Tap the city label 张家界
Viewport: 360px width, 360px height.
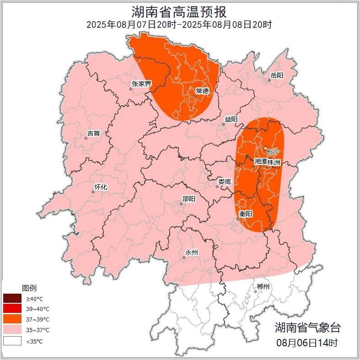tap(141, 84)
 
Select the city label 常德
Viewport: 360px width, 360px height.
tap(202, 91)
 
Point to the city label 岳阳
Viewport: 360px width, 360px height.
tap(277, 75)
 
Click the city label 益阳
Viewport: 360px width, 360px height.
tap(231, 119)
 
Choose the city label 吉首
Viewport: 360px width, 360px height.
tap(93, 134)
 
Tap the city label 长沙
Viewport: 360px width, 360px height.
tap(272, 152)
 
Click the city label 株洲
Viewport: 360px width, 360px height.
tap(274, 162)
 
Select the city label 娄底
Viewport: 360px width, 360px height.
tap(225, 182)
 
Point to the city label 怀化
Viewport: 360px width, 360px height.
tap(100, 187)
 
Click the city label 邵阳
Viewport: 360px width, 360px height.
tap(188, 199)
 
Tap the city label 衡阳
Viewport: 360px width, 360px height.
tap(246, 214)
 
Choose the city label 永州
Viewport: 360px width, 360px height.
tap(191, 253)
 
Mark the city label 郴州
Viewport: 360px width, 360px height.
tap(263, 287)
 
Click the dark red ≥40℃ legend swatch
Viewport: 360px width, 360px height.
tap(12, 299)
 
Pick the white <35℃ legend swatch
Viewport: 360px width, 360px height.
tap(12, 341)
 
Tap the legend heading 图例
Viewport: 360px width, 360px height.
tap(29, 288)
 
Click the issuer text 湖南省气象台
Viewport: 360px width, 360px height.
tap(307, 328)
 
